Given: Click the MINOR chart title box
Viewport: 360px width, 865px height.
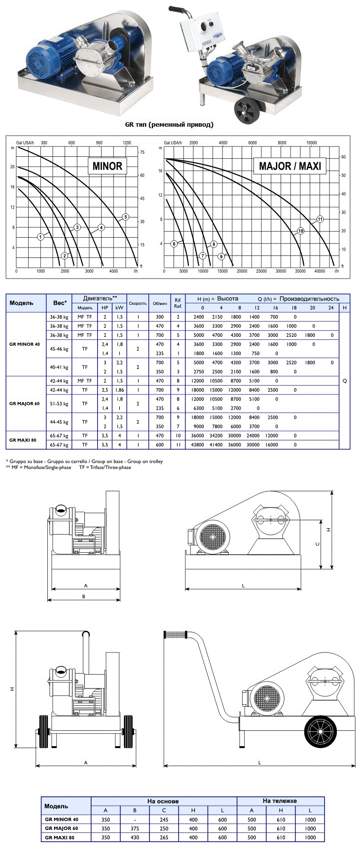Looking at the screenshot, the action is (107, 166).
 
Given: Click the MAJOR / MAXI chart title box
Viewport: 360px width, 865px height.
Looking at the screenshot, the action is (290, 166).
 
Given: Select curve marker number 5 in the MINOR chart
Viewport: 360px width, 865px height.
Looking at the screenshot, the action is (126, 217).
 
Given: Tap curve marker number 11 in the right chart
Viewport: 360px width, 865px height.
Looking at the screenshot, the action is (320, 219).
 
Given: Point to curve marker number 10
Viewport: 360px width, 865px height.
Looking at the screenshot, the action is (301, 231).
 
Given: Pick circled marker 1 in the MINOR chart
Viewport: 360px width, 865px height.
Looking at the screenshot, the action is (41, 237).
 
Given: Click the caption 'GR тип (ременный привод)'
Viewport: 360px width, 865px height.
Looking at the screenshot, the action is (169, 124).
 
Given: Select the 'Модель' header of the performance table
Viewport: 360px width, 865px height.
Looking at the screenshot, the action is (22, 303).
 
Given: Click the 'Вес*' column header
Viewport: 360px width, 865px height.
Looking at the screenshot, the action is (60, 303).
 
